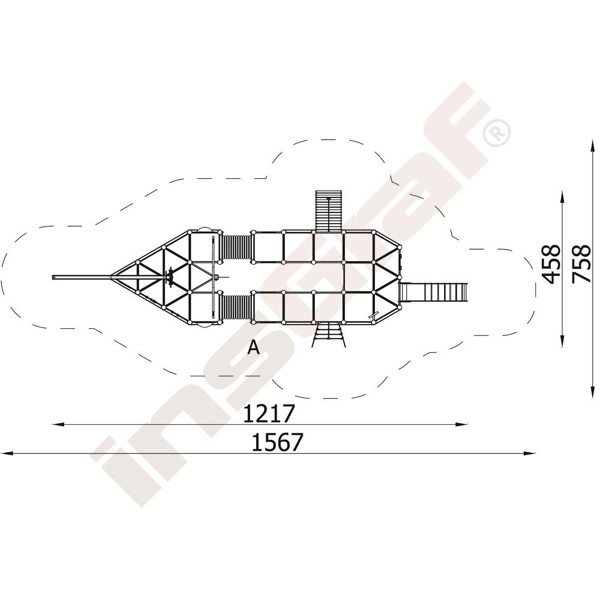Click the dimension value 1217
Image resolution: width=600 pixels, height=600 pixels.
269,413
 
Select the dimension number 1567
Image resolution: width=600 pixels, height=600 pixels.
277,442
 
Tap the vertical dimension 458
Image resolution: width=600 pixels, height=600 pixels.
551,264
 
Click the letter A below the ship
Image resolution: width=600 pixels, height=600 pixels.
254,347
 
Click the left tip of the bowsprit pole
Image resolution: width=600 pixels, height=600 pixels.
52,277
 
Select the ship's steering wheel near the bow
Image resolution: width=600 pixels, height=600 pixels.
170,277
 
